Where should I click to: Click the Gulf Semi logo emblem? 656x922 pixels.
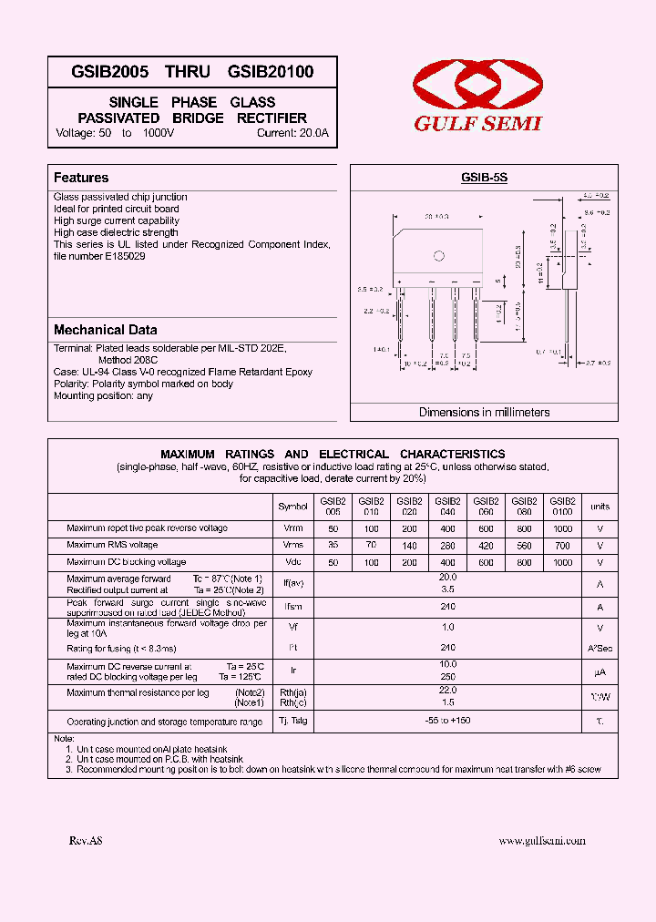tap(477, 88)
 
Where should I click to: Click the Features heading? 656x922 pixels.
tap(81, 178)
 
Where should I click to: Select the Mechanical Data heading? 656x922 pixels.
tap(105, 330)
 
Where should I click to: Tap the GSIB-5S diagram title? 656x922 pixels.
tap(484, 179)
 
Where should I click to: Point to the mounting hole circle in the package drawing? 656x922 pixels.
tap(437, 256)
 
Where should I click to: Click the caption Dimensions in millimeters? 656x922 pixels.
tap(484, 412)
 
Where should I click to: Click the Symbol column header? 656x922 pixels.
tap(292, 507)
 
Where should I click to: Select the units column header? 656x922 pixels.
tap(600, 507)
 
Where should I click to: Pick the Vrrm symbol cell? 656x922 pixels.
tap(292, 528)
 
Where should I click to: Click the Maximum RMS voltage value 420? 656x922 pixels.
tap(486, 546)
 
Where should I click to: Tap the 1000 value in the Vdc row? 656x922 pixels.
tap(562, 563)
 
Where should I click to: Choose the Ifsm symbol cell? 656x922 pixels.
tap(292, 606)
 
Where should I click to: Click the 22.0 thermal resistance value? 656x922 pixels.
tap(447, 691)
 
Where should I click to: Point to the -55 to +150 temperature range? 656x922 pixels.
tap(447, 721)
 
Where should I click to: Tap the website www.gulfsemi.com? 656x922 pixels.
tap(542, 841)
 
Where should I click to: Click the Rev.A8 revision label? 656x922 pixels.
tap(86, 841)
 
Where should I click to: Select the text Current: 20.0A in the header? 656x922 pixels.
tap(292, 133)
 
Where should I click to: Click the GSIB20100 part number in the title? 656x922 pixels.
tap(271, 72)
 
